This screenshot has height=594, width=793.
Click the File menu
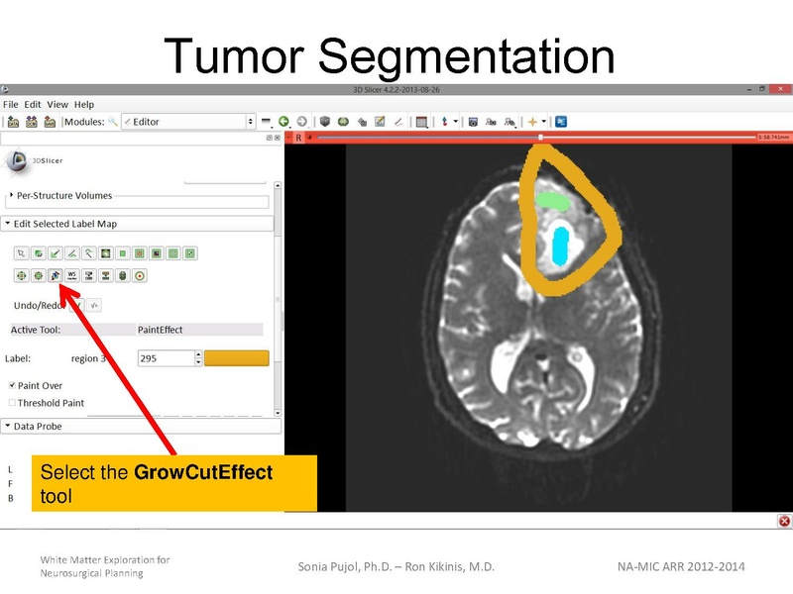[11, 104]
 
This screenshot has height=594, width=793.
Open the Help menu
[84, 104]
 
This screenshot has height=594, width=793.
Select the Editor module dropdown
[188, 122]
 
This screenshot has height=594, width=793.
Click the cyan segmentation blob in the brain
[561, 247]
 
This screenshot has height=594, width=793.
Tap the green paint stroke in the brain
[551, 201]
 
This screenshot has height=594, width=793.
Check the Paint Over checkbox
[12, 385]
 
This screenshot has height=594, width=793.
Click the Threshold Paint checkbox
[12, 403]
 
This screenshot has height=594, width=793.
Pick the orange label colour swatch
[236, 358]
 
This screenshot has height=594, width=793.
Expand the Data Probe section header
[38, 426]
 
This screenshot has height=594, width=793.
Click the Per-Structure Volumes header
[63, 196]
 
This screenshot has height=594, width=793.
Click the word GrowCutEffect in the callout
[203, 472]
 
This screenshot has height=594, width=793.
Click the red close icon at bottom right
[784, 521]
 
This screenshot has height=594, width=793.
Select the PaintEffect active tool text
[160, 330]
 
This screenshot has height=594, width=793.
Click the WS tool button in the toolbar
[72, 275]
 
